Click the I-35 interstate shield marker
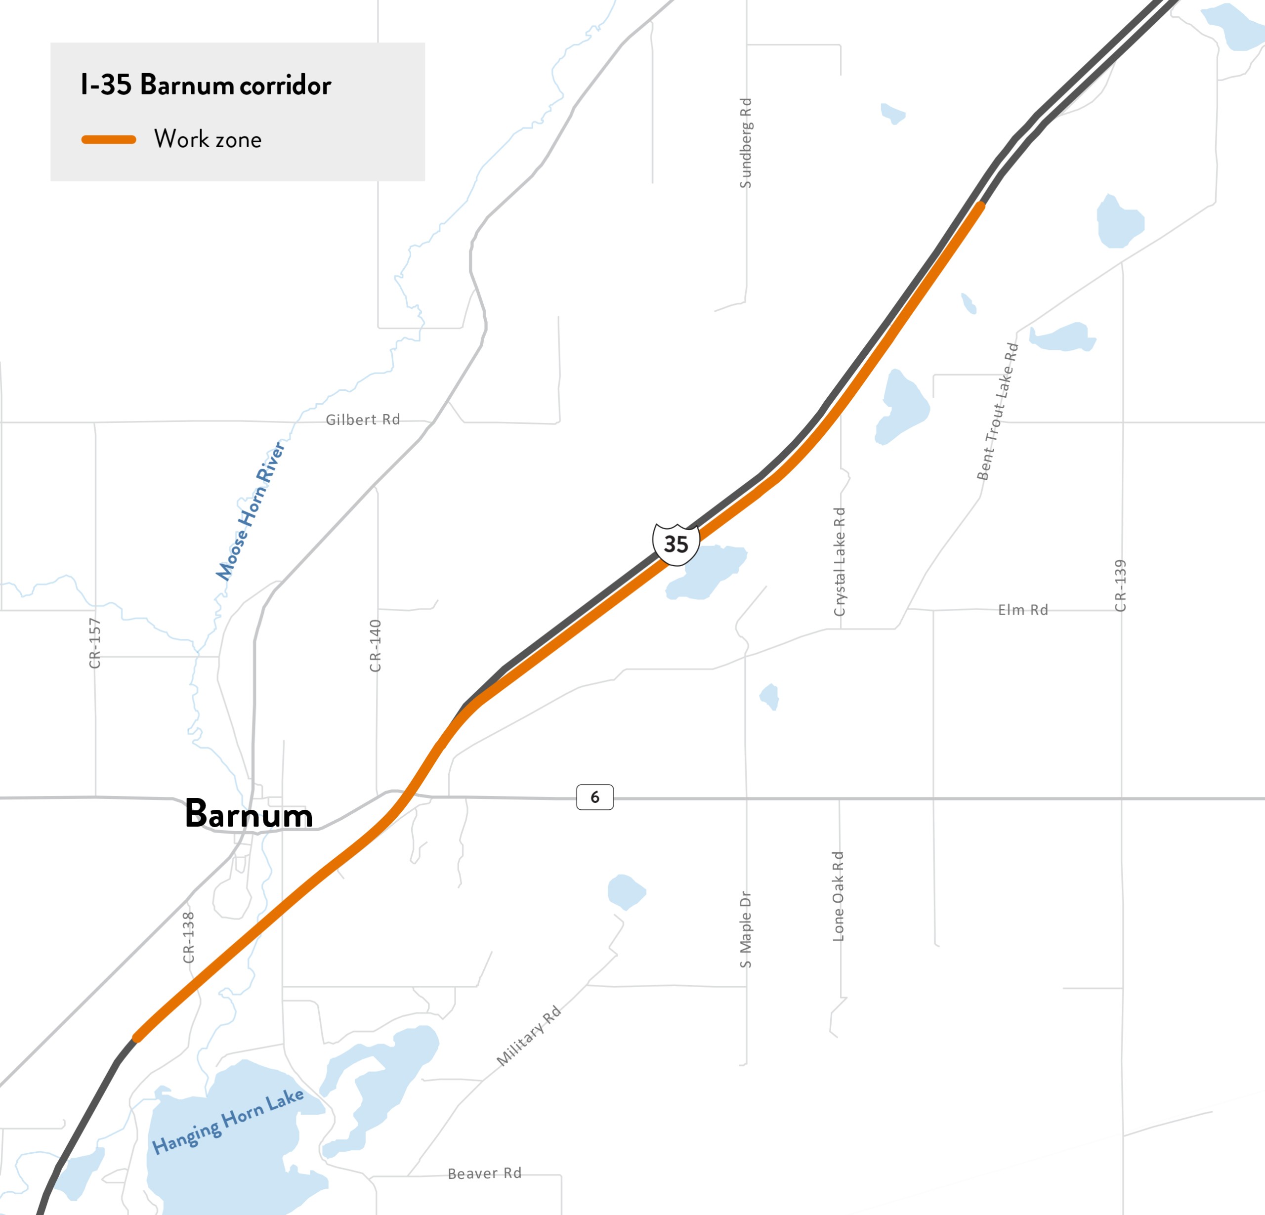(676, 545)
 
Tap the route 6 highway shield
(594, 797)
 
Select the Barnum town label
(249, 814)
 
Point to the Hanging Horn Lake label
(227, 1122)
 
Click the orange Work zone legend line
(108, 139)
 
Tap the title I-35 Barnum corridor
(205, 85)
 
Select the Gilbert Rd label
(363, 420)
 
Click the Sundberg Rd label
(746, 143)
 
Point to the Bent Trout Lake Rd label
(997, 412)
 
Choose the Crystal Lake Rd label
(839, 562)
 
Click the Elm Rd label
(1023, 610)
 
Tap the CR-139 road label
(1120, 586)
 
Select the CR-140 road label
(375, 645)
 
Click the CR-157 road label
(95, 643)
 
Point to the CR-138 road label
(188, 937)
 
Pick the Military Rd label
(529, 1036)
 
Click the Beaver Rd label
(485, 1173)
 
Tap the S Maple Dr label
(746, 930)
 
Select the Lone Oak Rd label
(839, 896)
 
